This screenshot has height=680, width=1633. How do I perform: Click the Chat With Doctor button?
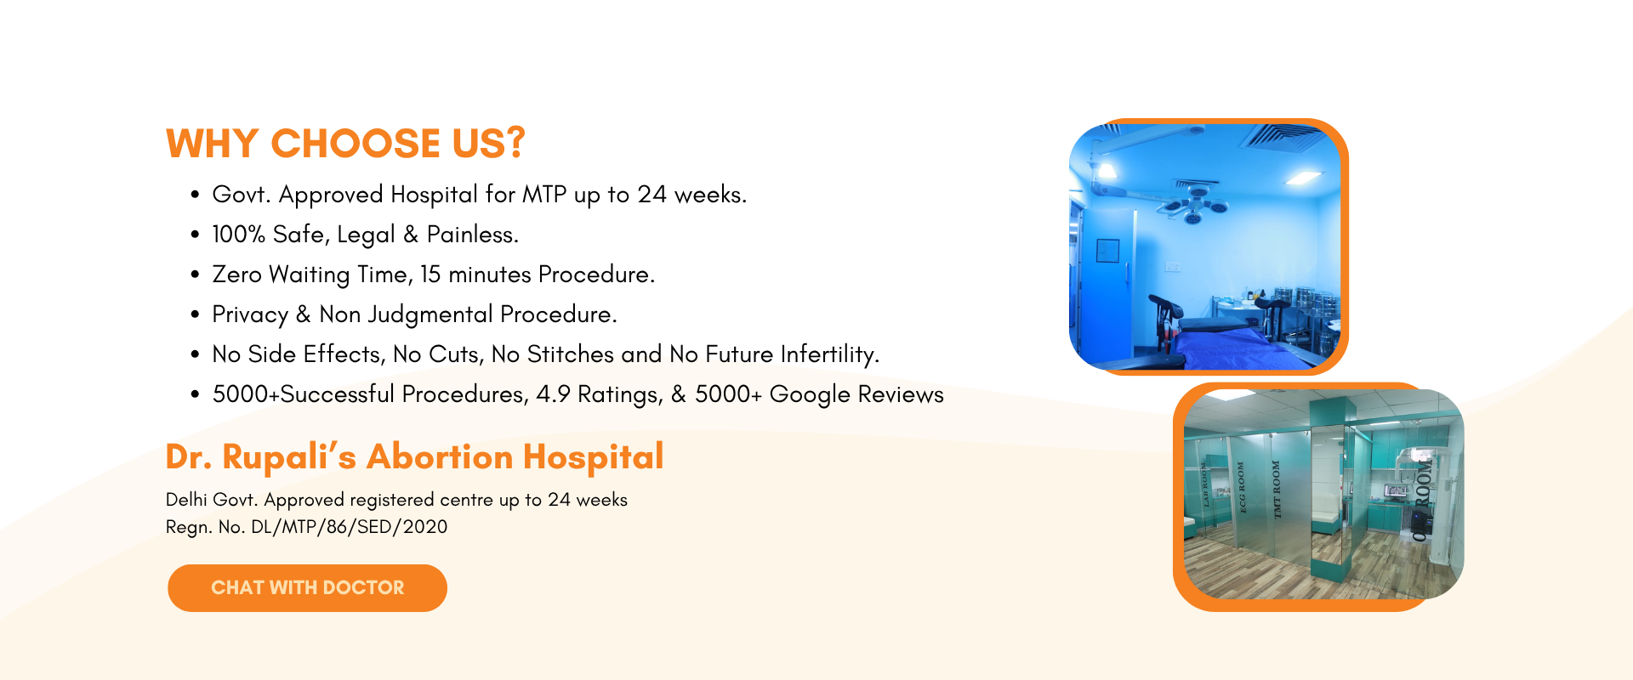pyautogui.click(x=307, y=587)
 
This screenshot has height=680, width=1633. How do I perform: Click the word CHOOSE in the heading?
pyautogui.click(x=356, y=144)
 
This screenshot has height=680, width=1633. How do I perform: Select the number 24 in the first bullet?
pyautogui.click(x=651, y=195)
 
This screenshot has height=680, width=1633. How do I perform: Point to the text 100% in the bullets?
pyautogui.click(x=238, y=235)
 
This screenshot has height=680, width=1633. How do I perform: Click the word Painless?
pyautogui.click(x=472, y=235)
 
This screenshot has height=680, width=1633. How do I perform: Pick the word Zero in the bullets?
pyautogui.click(x=236, y=275)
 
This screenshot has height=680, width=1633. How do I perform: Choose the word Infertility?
pyautogui.click(x=830, y=354)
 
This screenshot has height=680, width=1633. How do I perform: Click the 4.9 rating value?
pyautogui.click(x=553, y=394)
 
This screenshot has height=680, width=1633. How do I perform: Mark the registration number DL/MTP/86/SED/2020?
pyautogui.click(x=349, y=527)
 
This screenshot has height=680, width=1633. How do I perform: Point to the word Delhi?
pyautogui.click(x=186, y=500)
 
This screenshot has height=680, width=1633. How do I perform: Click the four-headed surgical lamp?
pyautogui.click(x=1196, y=203)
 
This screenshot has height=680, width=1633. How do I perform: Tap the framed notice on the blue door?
pyautogui.click(x=1107, y=251)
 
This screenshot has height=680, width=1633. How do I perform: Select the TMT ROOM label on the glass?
pyautogui.click(x=1276, y=490)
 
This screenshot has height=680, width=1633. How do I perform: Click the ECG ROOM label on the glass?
pyautogui.click(x=1242, y=487)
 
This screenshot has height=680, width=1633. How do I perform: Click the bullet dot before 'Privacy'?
pyautogui.click(x=195, y=314)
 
